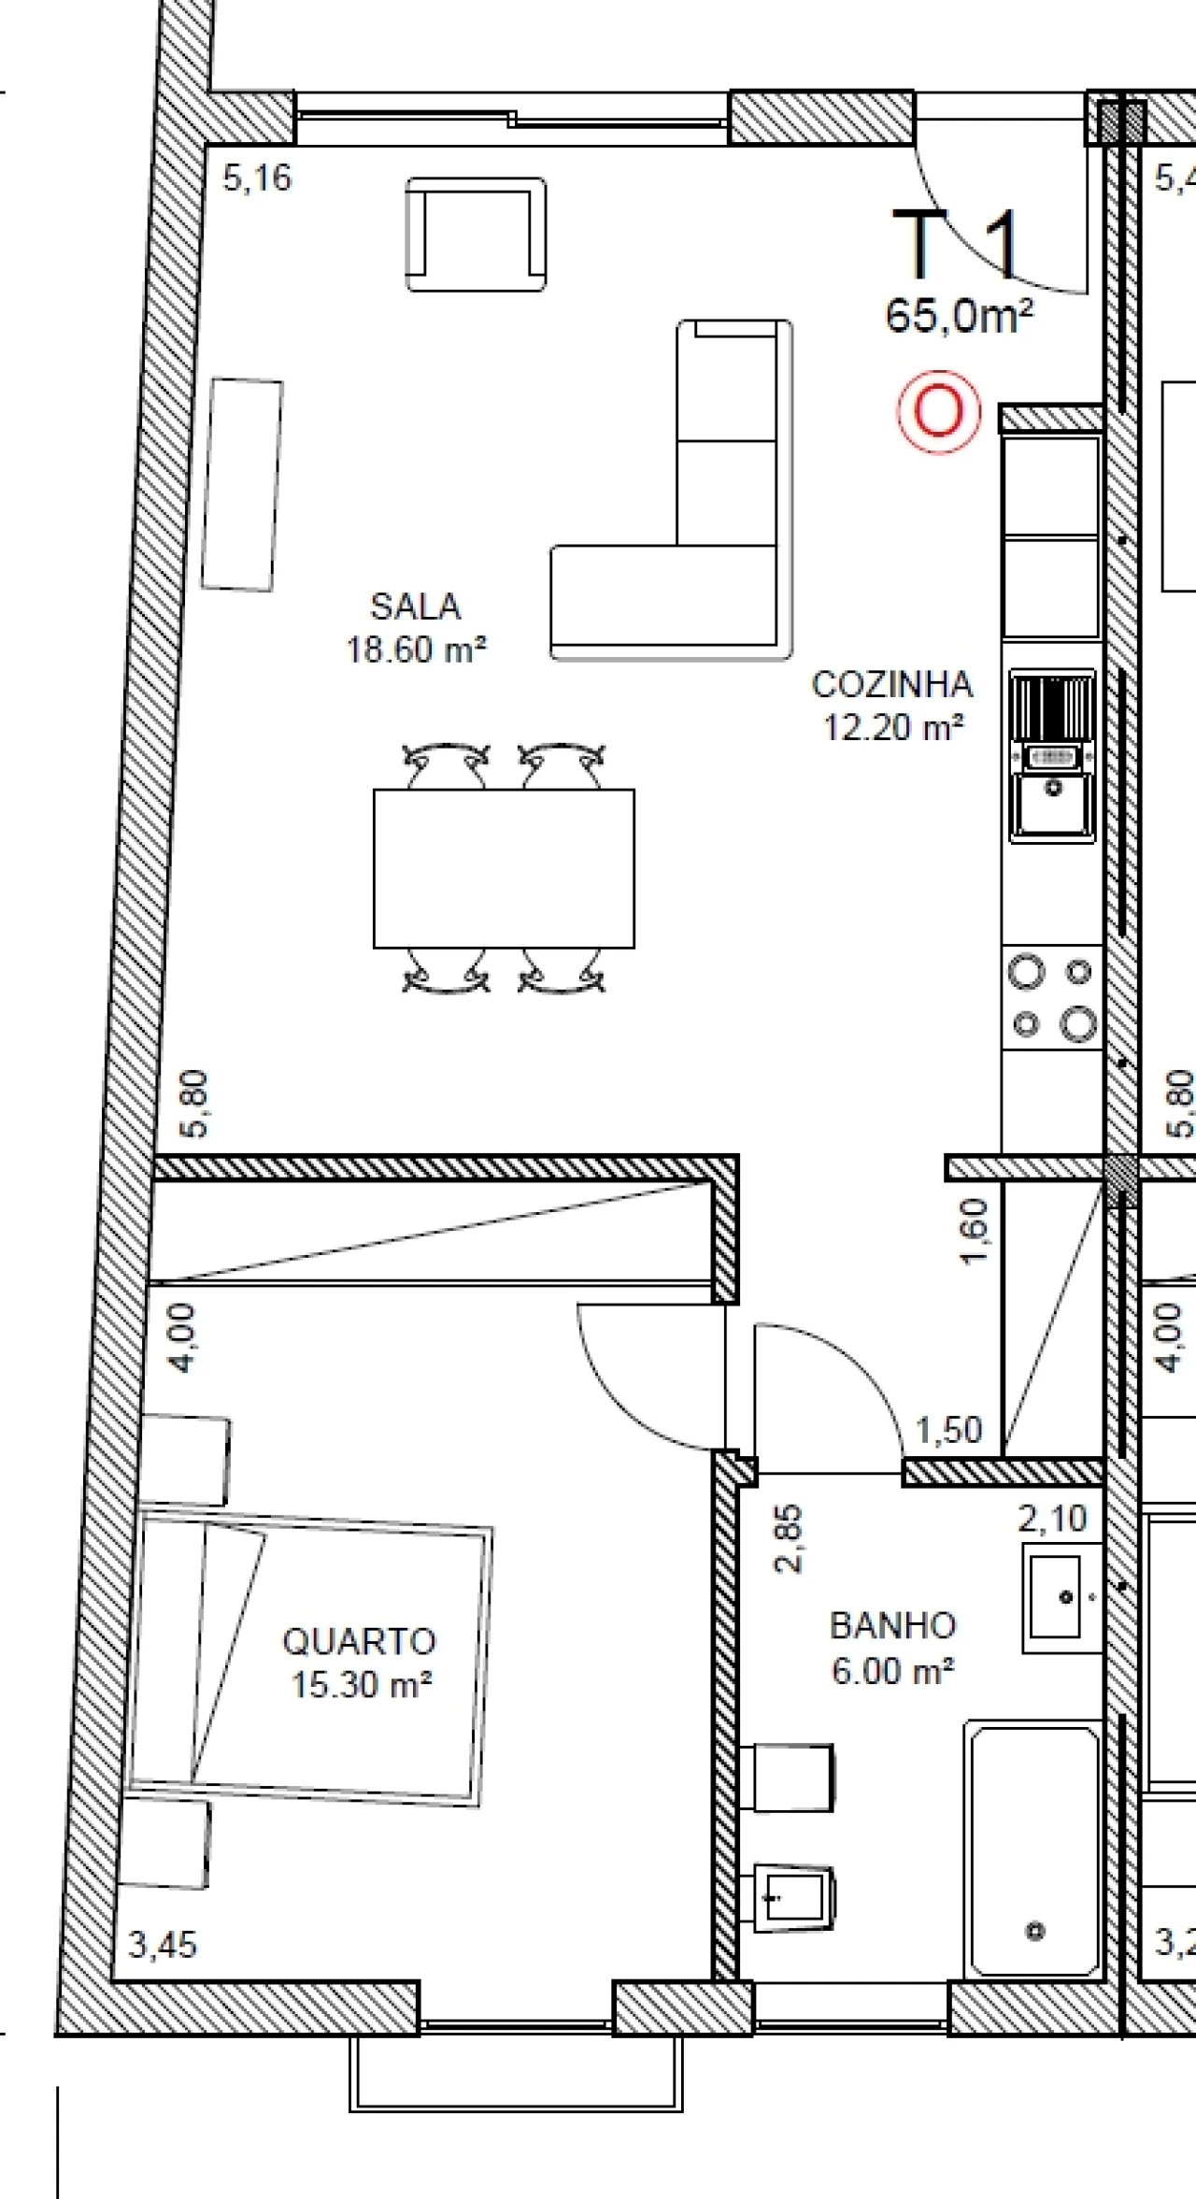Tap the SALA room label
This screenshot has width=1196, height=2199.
click(416, 607)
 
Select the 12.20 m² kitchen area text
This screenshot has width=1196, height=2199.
click(893, 727)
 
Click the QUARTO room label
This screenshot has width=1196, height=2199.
click(360, 1641)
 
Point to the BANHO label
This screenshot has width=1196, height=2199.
click(892, 1626)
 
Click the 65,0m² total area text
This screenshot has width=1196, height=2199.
click(960, 317)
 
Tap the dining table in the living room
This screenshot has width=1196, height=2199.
click(504, 868)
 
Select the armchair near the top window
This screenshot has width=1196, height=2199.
click(476, 235)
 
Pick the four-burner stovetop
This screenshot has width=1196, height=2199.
click(1052, 997)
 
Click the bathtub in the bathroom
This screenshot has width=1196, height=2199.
click(1034, 1850)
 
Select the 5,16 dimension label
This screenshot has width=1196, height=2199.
click(257, 178)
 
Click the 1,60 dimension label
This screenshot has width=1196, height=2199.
click(974, 1231)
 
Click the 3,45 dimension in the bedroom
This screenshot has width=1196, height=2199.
click(163, 1946)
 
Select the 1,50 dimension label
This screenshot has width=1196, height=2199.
click(948, 1431)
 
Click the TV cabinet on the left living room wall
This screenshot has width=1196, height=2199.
click(242, 484)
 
